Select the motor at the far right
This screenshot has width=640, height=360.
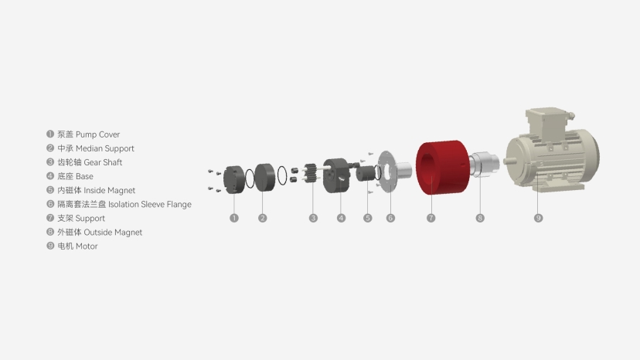[550, 155]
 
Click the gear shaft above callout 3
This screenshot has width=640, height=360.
[312, 175]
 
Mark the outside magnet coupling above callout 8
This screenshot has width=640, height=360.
[484, 165]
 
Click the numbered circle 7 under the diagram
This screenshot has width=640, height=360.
[431, 219]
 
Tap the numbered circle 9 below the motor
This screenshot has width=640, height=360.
[539, 219]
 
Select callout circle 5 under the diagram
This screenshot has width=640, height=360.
[367, 219]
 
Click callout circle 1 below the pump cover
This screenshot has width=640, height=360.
[234, 219]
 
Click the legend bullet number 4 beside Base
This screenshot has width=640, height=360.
[50, 176]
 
